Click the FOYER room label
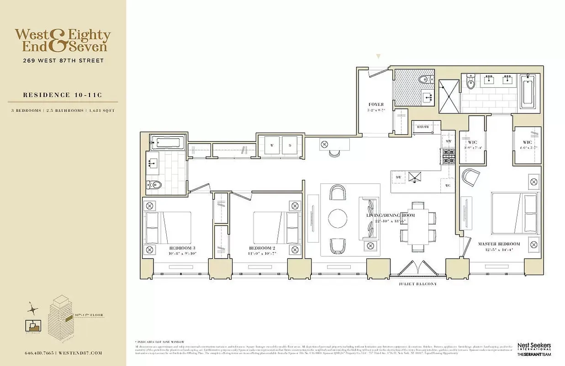coord(375,104)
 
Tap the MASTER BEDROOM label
coord(499,244)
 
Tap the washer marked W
coord(271,146)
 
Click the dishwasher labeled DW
coord(398,177)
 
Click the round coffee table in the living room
coord(338,218)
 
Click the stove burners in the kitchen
coord(449,157)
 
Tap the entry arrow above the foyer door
coord(378,57)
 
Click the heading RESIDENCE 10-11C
coord(63,95)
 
